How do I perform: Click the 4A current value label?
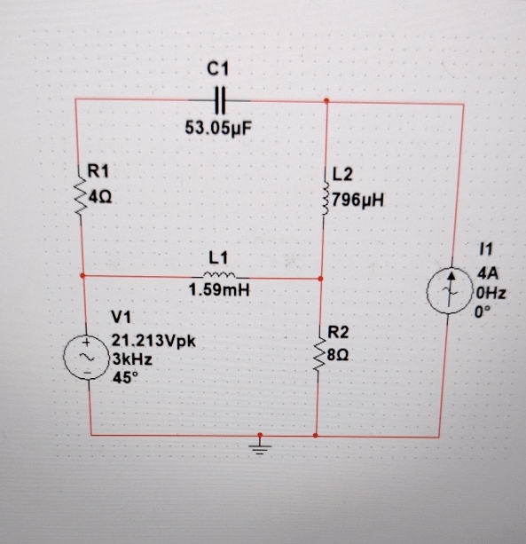pyautogui.click(x=488, y=274)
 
